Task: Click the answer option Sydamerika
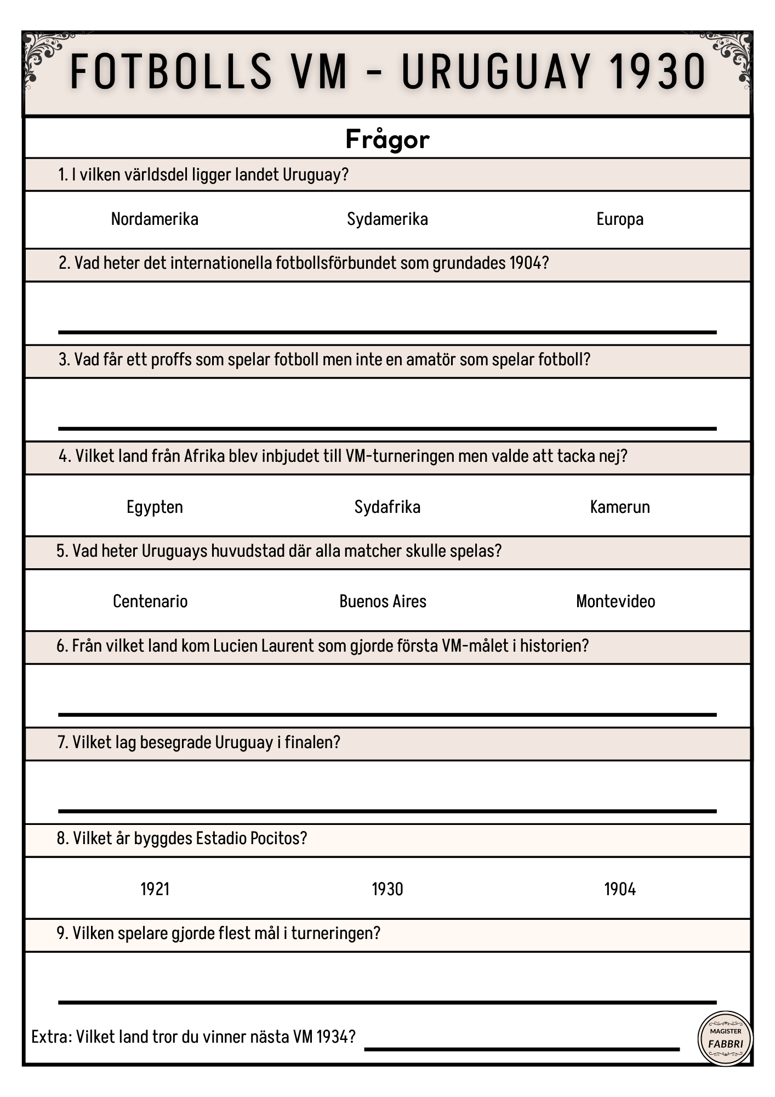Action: [387, 219]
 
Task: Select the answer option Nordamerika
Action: [155, 219]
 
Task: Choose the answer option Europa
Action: [619, 219]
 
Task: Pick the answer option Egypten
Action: [155, 507]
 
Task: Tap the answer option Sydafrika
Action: [387, 507]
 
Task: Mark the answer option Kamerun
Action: [619, 507]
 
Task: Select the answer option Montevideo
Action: [615, 602]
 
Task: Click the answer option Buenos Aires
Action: [383, 602]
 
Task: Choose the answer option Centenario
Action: [150, 602]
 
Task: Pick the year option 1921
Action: [155, 889]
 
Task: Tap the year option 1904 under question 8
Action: [619, 889]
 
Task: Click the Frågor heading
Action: [387, 139]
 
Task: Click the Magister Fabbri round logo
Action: [725, 1038]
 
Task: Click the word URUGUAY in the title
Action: [496, 71]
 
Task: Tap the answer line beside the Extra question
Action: [522, 1049]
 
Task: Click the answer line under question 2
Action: [387, 332]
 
